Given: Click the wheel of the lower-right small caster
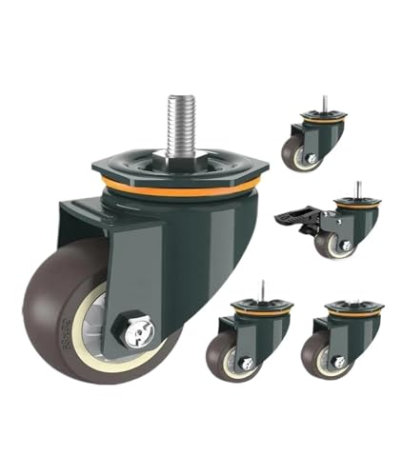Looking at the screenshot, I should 318,354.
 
